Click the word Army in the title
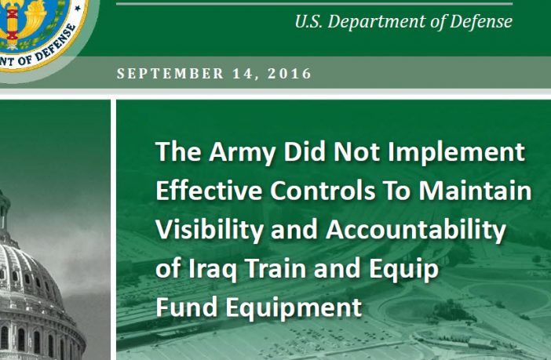pos(243,152)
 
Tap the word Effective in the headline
pos(209,191)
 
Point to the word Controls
pos(323,191)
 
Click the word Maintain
pos(475,191)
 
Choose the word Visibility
pos(210,231)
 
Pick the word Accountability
pos(416,231)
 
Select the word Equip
pos(403,269)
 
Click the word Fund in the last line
pos(187,307)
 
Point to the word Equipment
pos(294,307)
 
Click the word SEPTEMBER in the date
pos(170,74)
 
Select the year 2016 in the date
pos(290,74)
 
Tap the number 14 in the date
pos(245,74)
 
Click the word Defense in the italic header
pos(480,21)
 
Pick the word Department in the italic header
pos(377,22)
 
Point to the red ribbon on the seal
pos(13,24)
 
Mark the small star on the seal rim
pos(78,7)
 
